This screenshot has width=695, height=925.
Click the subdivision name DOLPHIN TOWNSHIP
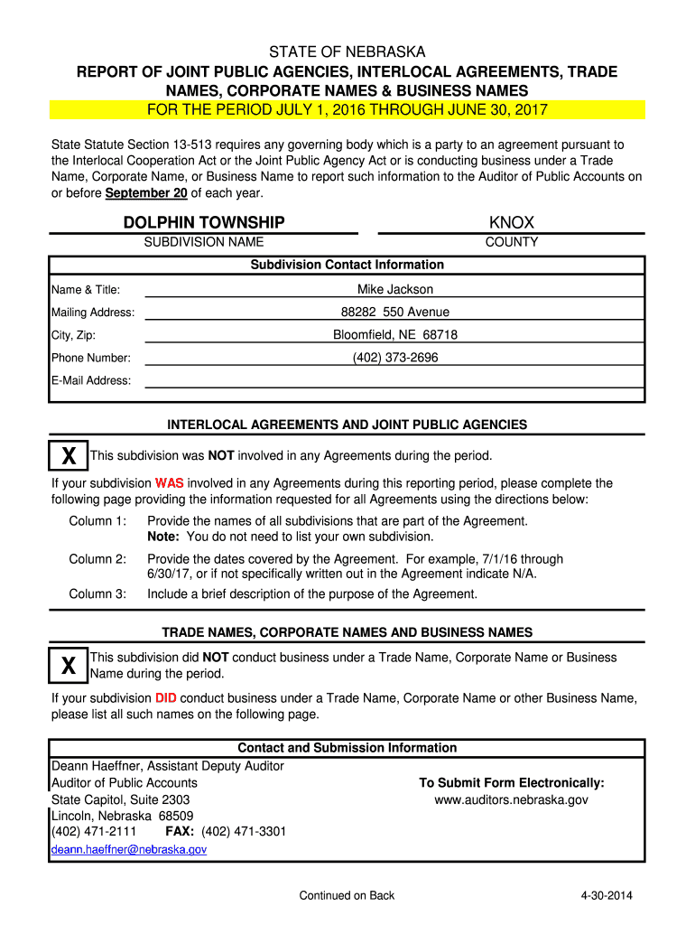pyautogui.click(x=204, y=222)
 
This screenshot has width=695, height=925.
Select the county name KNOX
pyautogui.click(x=512, y=222)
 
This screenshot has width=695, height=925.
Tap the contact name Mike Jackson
pyautogui.click(x=394, y=289)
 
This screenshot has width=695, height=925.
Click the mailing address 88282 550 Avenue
pyautogui.click(x=394, y=312)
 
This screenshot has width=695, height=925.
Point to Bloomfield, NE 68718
pyautogui.click(x=394, y=334)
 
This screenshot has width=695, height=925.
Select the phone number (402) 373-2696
pyautogui.click(x=394, y=357)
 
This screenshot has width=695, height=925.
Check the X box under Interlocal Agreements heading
pyautogui.click(x=69, y=456)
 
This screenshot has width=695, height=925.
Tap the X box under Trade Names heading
pyautogui.click(x=69, y=666)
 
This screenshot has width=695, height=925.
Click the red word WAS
pyautogui.click(x=169, y=483)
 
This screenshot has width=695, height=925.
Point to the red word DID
pyautogui.click(x=165, y=698)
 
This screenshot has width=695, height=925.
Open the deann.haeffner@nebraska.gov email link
pyautogui.click(x=129, y=850)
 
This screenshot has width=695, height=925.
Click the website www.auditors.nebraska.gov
pyautogui.click(x=511, y=800)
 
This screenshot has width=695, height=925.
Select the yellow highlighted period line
pyautogui.click(x=347, y=110)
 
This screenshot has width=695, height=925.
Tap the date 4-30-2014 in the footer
pyautogui.click(x=607, y=895)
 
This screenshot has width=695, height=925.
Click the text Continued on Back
pyautogui.click(x=347, y=895)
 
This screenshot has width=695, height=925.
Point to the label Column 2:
pyautogui.click(x=97, y=559)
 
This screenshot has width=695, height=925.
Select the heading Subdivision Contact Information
pyautogui.click(x=347, y=265)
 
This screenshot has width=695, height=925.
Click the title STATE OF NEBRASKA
pyautogui.click(x=347, y=51)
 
